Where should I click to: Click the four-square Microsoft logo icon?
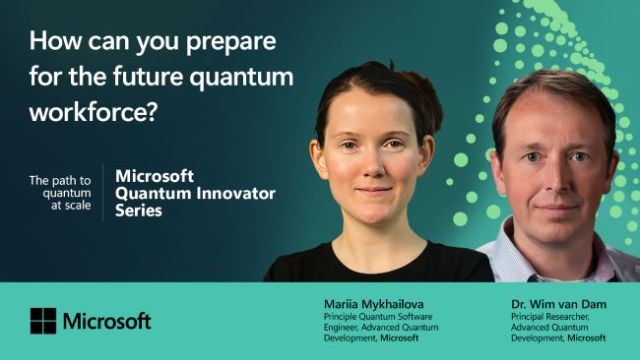coord(43,321)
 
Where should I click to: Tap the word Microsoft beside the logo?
coord(107,321)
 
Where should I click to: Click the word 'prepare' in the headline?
coord(230,45)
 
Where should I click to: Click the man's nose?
coord(546,175)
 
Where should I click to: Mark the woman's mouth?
coord(373,190)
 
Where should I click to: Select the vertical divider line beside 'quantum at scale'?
coord(103,193)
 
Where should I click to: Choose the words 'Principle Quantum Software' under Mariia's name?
coord(370,316)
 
